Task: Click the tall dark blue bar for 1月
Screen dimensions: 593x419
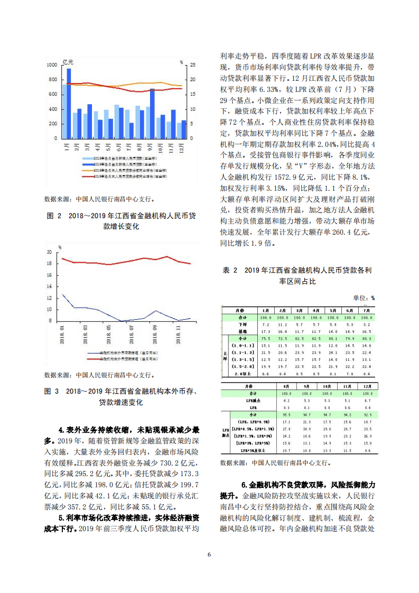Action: tap(69, 104)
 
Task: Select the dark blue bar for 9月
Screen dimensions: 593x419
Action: tap(152, 114)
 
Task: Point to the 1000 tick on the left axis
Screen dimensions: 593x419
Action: tap(52, 65)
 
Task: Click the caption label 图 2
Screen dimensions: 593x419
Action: tap(54, 216)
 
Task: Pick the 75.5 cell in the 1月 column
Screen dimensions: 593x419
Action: tap(266, 338)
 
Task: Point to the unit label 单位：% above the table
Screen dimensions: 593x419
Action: tap(364, 298)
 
